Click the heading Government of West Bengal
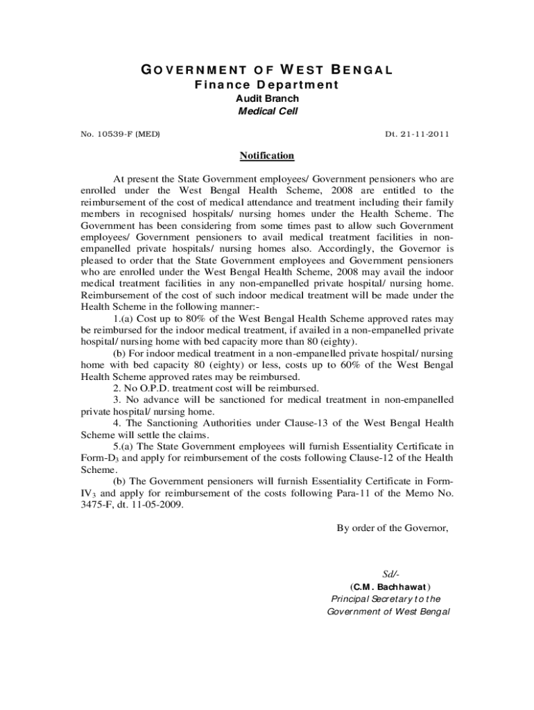click(x=268, y=70)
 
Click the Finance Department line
click(x=267, y=85)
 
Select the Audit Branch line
click(x=267, y=98)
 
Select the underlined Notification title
click(x=267, y=156)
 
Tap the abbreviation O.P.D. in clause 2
click(x=149, y=388)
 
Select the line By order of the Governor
click(x=393, y=528)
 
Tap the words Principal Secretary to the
click(x=386, y=598)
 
